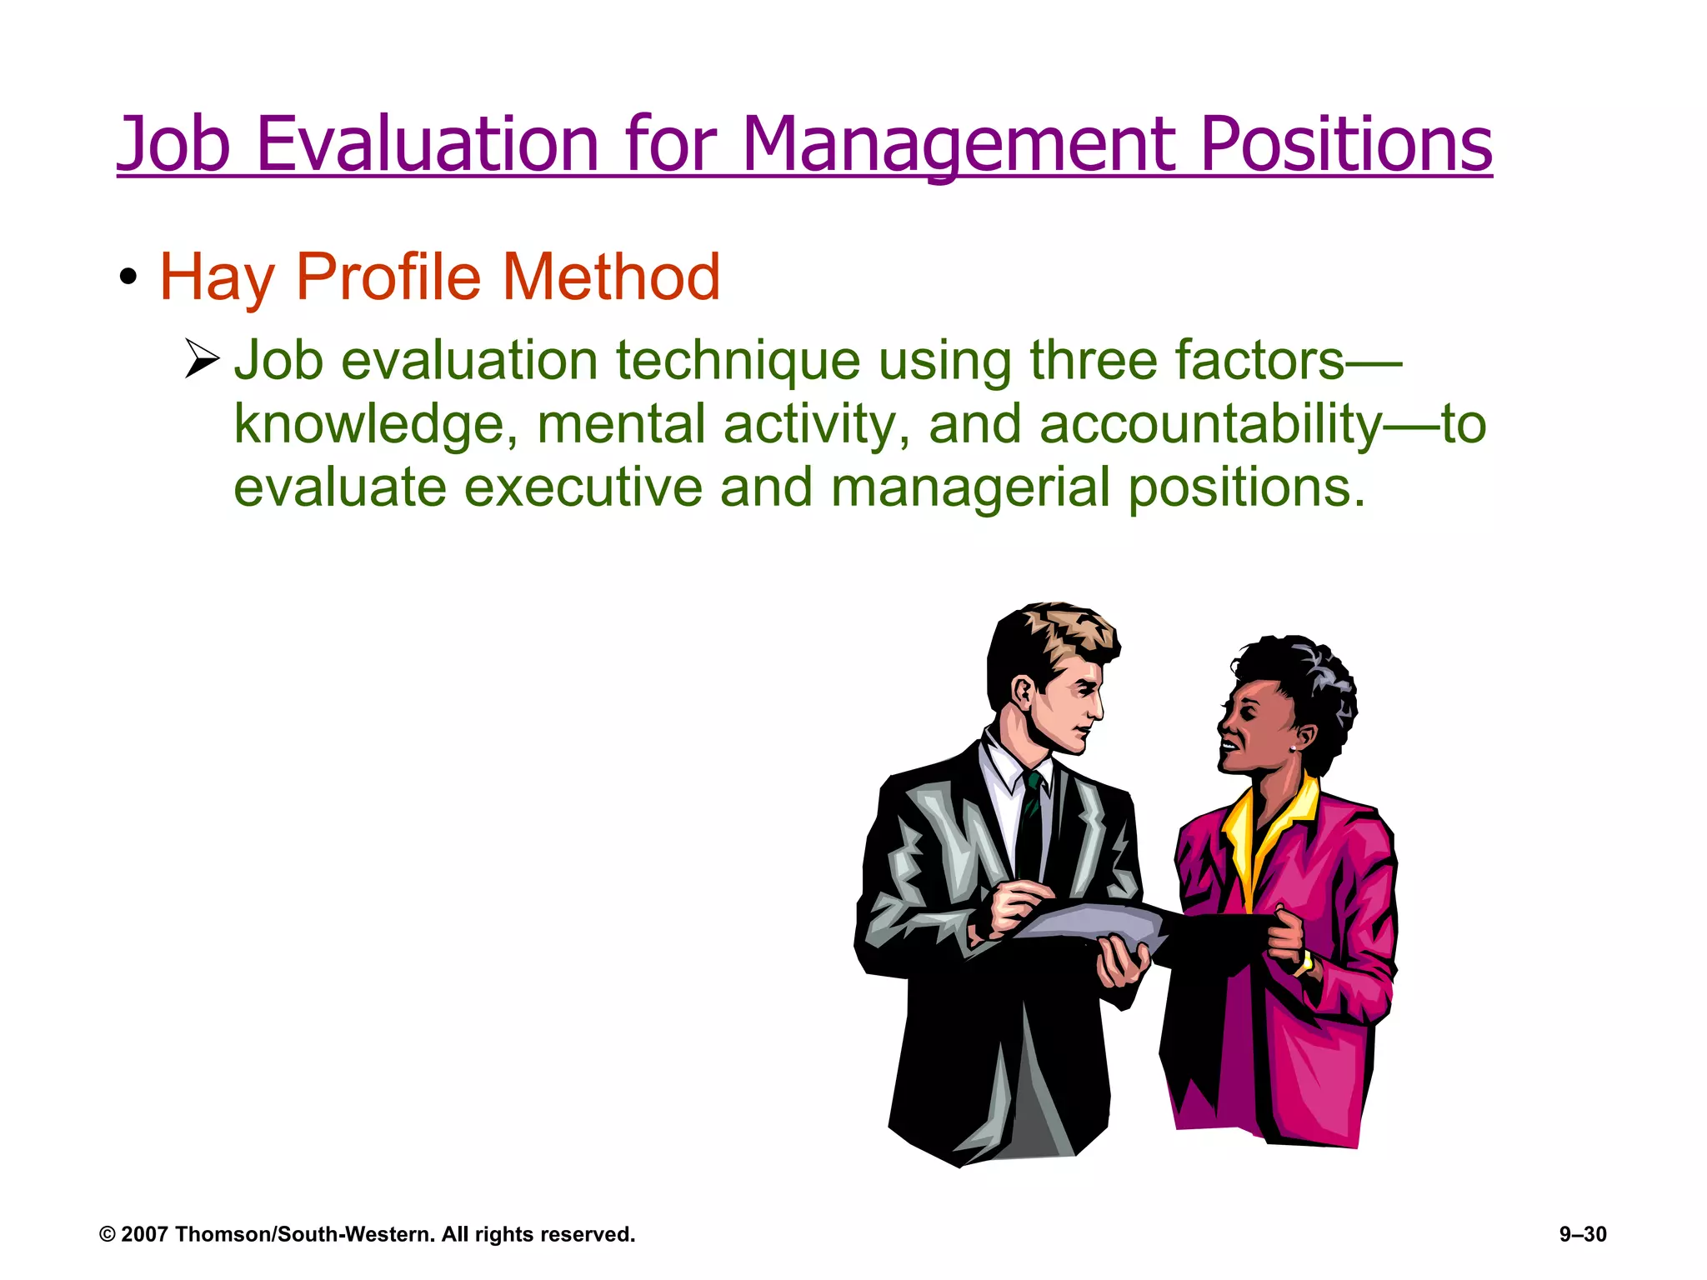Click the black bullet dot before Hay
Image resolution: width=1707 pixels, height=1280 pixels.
pyautogui.click(x=128, y=277)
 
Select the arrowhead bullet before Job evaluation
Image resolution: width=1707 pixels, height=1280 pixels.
pyautogui.click(x=201, y=358)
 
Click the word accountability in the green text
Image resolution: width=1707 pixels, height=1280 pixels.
pyautogui.click(x=1210, y=425)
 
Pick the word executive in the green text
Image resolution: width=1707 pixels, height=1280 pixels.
pyautogui.click(x=583, y=487)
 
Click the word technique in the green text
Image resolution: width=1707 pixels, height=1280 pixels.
pyautogui.click(x=738, y=362)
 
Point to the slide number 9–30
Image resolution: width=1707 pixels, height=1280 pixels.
pyautogui.click(x=1583, y=1234)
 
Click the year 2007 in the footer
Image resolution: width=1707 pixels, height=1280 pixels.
pyautogui.click(x=145, y=1234)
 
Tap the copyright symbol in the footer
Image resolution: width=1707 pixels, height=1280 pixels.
pyautogui.click(x=107, y=1234)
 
